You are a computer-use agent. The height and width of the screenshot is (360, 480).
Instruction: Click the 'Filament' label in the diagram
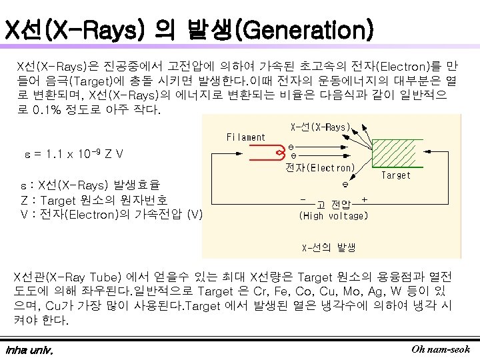click(x=246, y=137)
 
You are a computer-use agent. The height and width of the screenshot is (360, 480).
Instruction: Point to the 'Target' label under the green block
click(x=395, y=175)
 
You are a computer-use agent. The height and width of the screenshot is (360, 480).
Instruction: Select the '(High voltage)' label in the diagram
click(x=333, y=215)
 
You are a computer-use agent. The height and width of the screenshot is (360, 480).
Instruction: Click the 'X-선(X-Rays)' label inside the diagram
click(x=321, y=126)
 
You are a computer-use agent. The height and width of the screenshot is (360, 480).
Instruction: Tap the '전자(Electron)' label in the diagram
click(x=320, y=168)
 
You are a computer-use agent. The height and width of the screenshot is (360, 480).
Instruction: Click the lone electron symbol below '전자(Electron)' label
click(x=345, y=185)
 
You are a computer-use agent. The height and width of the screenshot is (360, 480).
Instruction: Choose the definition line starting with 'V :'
click(x=111, y=214)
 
